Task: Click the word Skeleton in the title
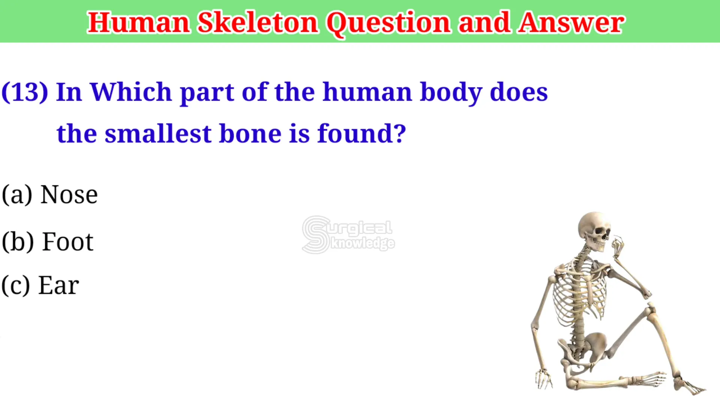(x=258, y=22)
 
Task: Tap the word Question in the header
(x=388, y=23)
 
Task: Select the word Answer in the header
(x=572, y=22)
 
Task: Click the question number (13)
(x=25, y=92)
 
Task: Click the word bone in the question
(x=250, y=134)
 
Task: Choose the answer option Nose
(x=69, y=195)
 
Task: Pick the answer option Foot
(x=67, y=241)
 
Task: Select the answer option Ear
(x=59, y=285)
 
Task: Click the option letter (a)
(x=17, y=195)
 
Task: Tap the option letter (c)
(x=15, y=286)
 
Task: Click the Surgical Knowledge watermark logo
(x=348, y=235)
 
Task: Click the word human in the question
(x=367, y=92)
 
